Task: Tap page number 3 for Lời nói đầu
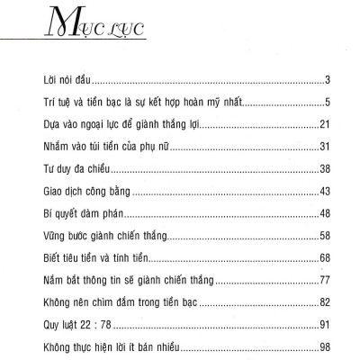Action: point(332,81)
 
